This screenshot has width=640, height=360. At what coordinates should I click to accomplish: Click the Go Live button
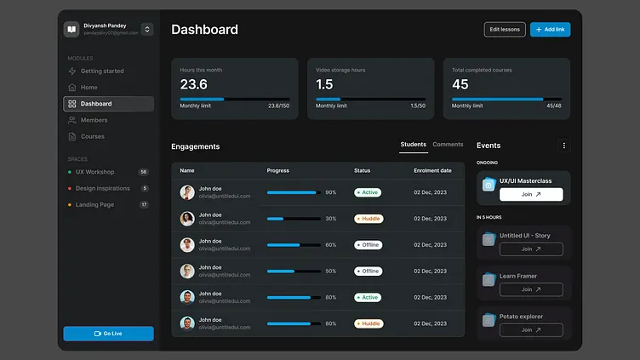pyautogui.click(x=108, y=334)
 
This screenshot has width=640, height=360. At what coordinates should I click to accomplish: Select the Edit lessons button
pyautogui.click(x=504, y=30)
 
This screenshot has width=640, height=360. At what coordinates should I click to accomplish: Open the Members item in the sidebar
pyautogui.click(x=94, y=120)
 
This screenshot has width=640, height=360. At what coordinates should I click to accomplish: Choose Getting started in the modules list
pyautogui.click(x=101, y=71)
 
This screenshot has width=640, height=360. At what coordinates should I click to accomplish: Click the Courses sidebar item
pyautogui.click(x=92, y=136)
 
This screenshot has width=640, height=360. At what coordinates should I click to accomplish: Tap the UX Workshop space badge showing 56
pyautogui.click(x=143, y=172)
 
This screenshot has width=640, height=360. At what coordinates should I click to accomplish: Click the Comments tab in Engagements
pyautogui.click(x=448, y=145)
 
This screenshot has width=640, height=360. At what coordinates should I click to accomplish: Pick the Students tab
pyautogui.click(x=413, y=145)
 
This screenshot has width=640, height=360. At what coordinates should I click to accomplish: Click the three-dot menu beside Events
pyautogui.click(x=563, y=146)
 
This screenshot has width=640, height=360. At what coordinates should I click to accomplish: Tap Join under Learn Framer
pyautogui.click(x=530, y=289)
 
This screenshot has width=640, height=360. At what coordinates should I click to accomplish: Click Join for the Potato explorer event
pyautogui.click(x=530, y=329)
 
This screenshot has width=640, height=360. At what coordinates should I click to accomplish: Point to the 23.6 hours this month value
pyautogui.click(x=193, y=84)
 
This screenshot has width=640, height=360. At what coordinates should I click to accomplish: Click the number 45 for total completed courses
pyautogui.click(x=460, y=84)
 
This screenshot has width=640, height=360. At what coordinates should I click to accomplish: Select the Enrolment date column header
pyautogui.click(x=432, y=170)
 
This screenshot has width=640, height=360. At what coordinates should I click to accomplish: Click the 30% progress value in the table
pyautogui.click(x=330, y=219)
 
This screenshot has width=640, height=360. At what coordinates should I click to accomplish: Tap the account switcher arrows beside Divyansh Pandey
pyautogui.click(x=146, y=30)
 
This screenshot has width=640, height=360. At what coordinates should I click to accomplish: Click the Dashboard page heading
pyautogui.click(x=204, y=30)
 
